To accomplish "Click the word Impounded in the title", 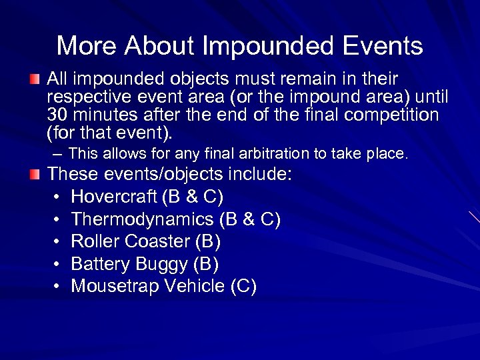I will pos(269,47).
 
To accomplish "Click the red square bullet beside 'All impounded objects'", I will pos(35,80).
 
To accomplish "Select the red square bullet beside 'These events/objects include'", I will pos(35,175).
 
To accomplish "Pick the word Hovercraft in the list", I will pos(114,197).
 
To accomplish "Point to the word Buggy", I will pos(161,265).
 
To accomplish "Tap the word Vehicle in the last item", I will pos(194,286).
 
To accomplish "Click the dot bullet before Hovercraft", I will pos(57,198).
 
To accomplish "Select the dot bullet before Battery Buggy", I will pos(57,265).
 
